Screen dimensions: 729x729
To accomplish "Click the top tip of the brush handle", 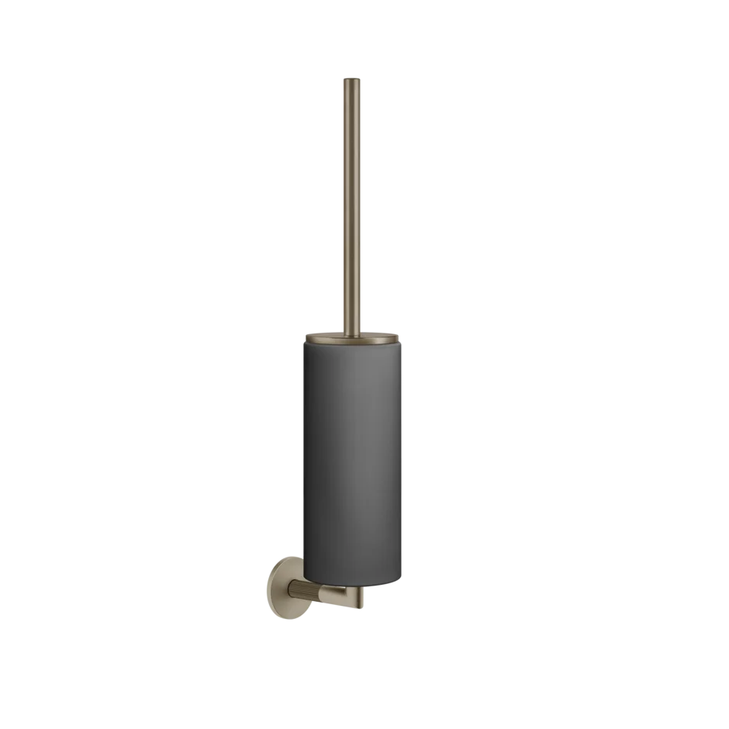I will point(354,77).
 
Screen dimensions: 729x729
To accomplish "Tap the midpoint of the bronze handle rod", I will point(354,206).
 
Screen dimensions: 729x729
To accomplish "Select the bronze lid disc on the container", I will point(354,337).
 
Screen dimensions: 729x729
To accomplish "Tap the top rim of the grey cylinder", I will point(354,344).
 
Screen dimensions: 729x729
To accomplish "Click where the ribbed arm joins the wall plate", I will point(291,596).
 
